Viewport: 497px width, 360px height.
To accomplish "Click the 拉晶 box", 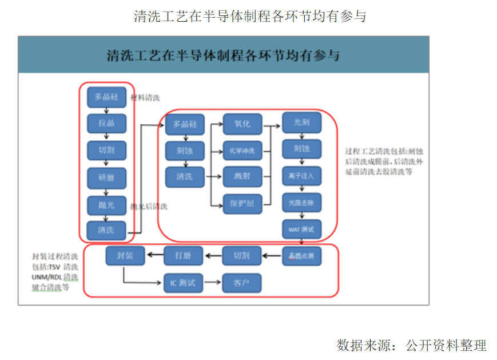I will [106, 123].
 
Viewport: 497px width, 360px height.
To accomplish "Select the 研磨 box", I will [106, 177].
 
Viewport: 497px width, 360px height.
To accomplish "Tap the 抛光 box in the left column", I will [106, 204].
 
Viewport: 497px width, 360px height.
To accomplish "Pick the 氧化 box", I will [242, 124].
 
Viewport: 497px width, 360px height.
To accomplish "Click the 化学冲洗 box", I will [242, 151].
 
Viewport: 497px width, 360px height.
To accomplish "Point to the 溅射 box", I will [242, 176].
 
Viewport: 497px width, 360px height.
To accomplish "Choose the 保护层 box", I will [242, 203].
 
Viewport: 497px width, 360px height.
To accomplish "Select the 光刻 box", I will [301, 122].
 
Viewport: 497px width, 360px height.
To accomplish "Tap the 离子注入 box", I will [301, 176].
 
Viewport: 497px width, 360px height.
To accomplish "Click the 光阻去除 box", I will [301, 203].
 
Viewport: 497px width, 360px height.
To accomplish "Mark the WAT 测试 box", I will [301, 230].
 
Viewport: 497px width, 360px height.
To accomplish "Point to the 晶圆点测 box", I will [301, 256].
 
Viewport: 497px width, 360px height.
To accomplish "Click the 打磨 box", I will [184, 256].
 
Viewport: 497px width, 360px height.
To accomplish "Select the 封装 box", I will [125, 256].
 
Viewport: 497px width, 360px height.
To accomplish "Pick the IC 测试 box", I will [184, 283].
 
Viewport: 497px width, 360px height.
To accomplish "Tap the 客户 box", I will [242, 283].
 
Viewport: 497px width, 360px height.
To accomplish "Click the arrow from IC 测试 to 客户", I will [213, 283].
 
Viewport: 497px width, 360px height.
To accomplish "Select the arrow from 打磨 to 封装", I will [154, 256].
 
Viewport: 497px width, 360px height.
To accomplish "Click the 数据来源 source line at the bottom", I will [411, 345].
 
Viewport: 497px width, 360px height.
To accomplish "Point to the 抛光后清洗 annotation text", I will [149, 206].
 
